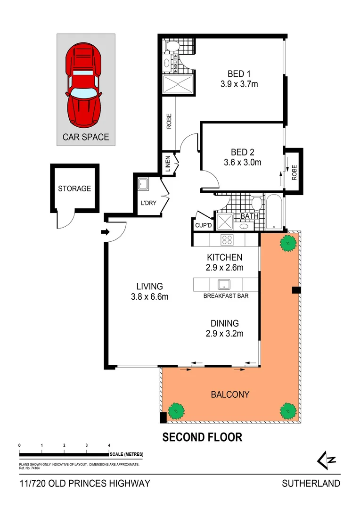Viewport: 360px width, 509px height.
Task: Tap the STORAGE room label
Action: (x=74, y=189)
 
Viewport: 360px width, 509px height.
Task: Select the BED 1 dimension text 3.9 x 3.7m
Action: (x=239, y=85)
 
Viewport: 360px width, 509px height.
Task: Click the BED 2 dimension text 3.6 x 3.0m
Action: (x=242, y=163)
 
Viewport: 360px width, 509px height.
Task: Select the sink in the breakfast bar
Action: (x=223, y=284)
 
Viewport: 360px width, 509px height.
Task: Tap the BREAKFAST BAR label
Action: (x=226, y=296)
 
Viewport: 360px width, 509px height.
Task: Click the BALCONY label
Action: (x=230, y=394)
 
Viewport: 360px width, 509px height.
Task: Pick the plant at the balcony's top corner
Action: (x=287, y=243)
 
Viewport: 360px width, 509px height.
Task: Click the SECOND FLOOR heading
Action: (x=202, y=437)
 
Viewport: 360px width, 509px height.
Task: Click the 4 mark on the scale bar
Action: (x=109, y=445)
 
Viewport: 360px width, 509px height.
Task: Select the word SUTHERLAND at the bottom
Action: (x=311, y=483)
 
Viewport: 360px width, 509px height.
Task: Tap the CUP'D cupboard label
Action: (x=203, y=226)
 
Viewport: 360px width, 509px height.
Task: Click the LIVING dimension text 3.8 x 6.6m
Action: (x=149, y=297)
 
